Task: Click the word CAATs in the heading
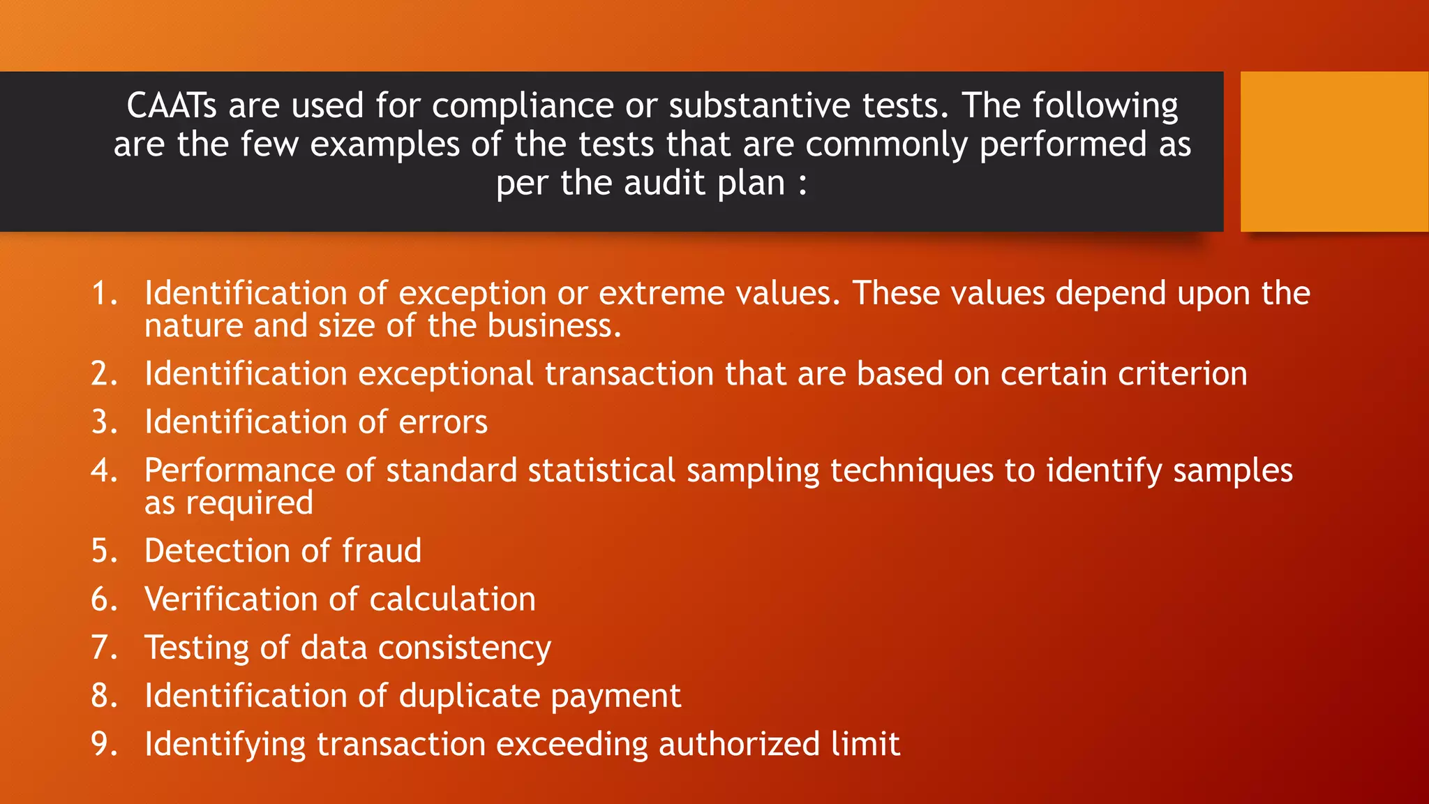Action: [172, 106]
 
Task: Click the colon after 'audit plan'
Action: [802, 184]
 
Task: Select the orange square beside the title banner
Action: [1334, 151]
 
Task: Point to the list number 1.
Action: [104, 293]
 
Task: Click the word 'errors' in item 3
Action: [443, 422]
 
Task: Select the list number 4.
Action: [104, 470]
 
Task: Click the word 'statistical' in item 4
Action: [601, 470]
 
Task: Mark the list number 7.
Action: [104, 648]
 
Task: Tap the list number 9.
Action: [104, 744]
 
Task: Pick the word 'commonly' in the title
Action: [886, 145]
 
